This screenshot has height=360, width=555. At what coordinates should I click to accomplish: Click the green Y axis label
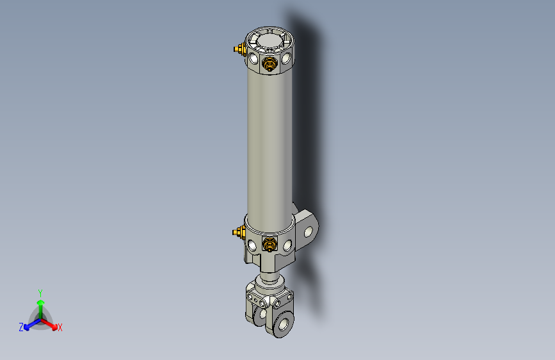tap(40, 292)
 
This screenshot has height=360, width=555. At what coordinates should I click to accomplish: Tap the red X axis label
tap(60, 327)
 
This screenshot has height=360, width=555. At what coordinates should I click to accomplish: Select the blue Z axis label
tap(20, 327)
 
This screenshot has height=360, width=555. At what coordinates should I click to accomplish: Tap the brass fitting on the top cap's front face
tap(271, 63)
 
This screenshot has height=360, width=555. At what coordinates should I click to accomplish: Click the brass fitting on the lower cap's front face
tap(271, 244)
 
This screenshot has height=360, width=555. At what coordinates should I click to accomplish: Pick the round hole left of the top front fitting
tap(255, 60)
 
